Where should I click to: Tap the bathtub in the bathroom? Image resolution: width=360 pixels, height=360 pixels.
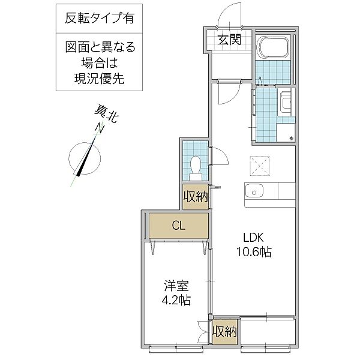[x=273, y=48]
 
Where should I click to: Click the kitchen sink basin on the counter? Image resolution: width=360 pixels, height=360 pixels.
[x=255, y=192]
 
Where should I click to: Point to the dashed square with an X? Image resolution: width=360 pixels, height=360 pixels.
[x=260, y=164]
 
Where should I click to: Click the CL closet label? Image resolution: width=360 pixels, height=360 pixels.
[x=178, y=226]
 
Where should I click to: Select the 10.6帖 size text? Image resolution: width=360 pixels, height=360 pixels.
[x=254, y=252]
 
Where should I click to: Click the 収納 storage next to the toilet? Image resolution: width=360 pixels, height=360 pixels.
[x=196, y=197]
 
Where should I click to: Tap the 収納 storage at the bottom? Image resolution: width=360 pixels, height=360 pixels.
[x=224, y=332]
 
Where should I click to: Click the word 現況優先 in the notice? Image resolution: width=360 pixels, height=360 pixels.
[x=100, y=79]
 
